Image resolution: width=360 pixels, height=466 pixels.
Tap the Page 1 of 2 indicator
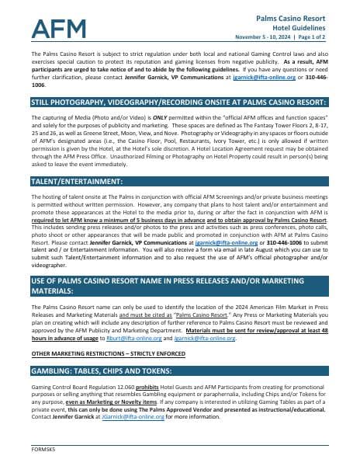coord(331,37)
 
